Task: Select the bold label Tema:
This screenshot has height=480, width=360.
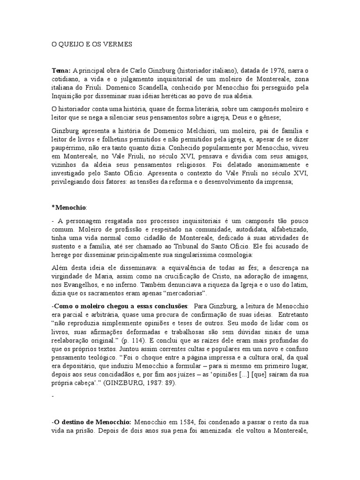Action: [60, 70]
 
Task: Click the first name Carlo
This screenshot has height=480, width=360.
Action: [136, 70]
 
